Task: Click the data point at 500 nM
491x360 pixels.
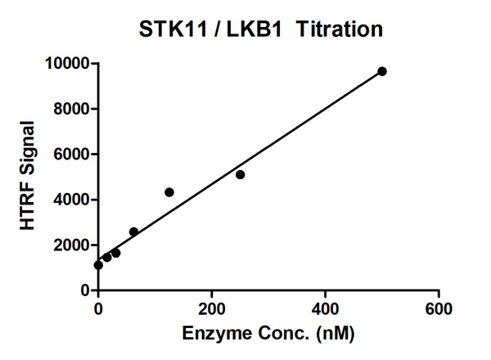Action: [x=382, y=71]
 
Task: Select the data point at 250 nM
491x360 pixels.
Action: [x=240, y=174]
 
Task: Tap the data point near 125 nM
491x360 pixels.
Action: [x=169, y=192]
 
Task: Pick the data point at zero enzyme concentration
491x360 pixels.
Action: [x=98, y=265]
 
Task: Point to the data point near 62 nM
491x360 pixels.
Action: [x=133, y=232]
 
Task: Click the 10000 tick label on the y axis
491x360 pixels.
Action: [x=68, y=63]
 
